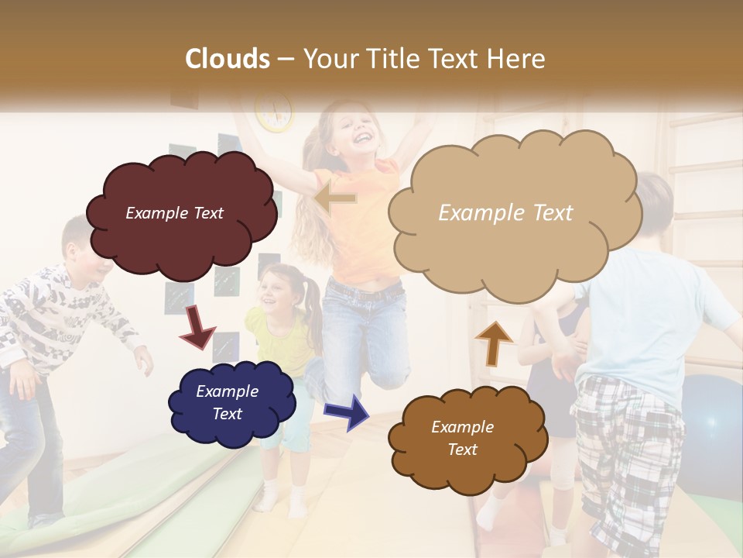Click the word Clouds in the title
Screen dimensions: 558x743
click(228, 59)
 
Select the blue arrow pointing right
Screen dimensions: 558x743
click(347, 411)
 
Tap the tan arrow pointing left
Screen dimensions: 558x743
click(335, 199)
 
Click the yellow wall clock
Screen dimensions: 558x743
click(275, 111)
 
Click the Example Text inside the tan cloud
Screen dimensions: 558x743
click(505, 212)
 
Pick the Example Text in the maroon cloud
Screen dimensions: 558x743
click(174, 213)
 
